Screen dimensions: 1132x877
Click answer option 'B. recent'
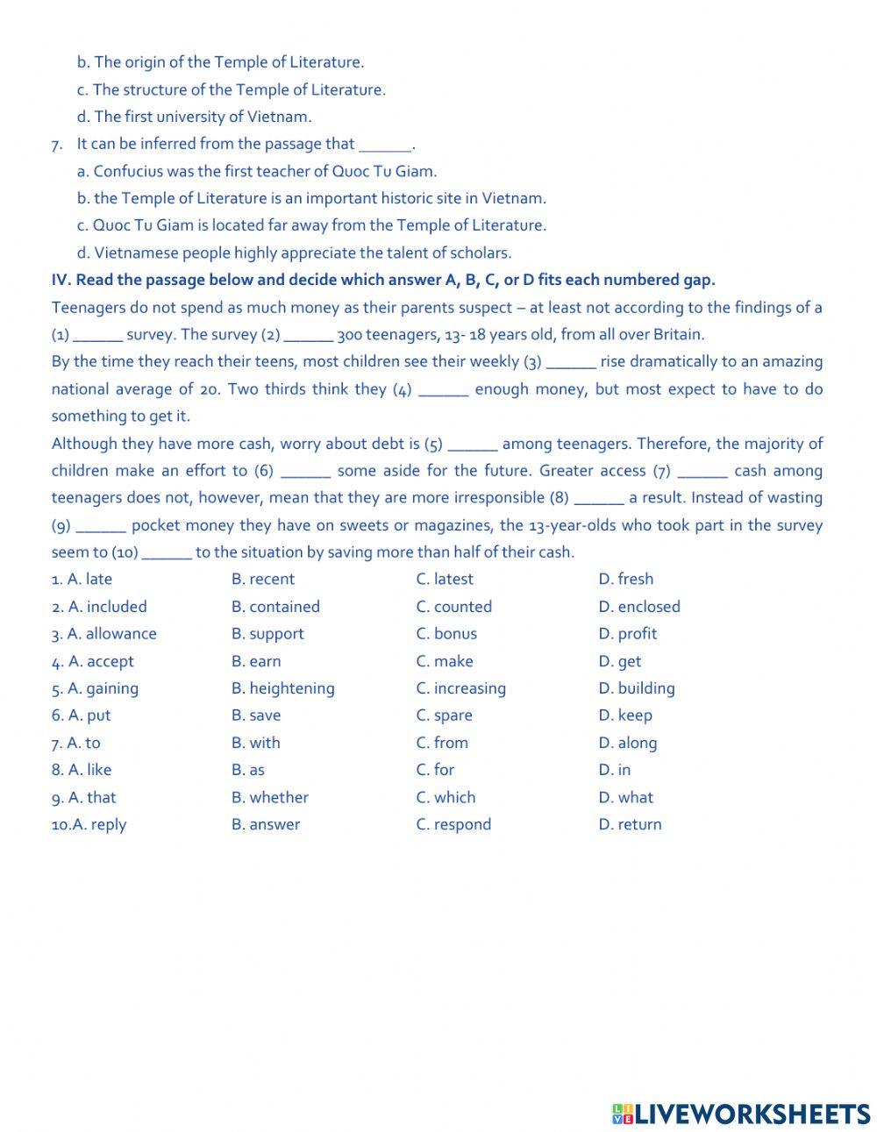[262, 579]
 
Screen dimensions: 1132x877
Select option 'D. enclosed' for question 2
[638, 606]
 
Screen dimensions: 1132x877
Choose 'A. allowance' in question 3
[103, 633]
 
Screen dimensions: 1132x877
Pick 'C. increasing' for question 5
[460, 688]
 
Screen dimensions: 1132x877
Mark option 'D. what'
[625, 797]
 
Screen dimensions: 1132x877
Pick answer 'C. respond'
[453, 824]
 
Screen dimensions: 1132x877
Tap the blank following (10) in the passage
[167, 553]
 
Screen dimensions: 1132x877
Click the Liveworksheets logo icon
[623, 1114]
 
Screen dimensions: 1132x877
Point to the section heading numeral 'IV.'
[61, 280]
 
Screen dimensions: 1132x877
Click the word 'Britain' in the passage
[677, 334]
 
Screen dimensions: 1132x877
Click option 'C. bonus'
[446, 633]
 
